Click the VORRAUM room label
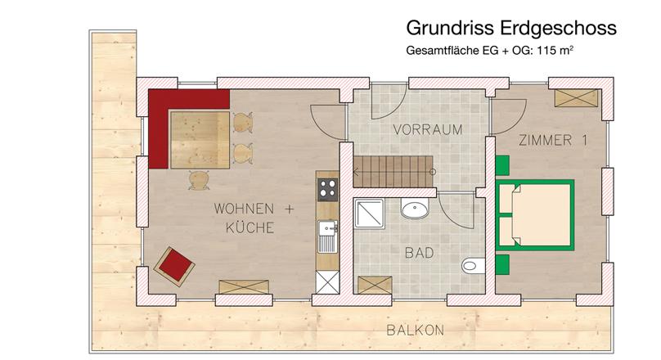pyautogui.click(x=428, y=129)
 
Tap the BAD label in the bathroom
pyautogui.click(x=419, y=253)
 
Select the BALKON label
pyautogui.click(x=416, y=330)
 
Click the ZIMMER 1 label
pyautogui.click(x=553, y=140)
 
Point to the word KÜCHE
pyautogui.click(x=250, y=227)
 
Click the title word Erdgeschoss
pyautogui.click(x=559, y=28)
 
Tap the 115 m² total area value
pyautogui.click(x=555, y=50)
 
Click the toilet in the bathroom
pyautogui.click(x=474, y=266)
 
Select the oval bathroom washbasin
pyautogui.click(x=415, y=209)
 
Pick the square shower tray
pyautogui.click(x=369, y=214)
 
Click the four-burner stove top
pyautogui.click(x=327, y=189)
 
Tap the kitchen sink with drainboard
pyautogui.click(x=327, y=236)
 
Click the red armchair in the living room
pyautogui.click(x=174, y=267)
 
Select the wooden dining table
pyautogui.click(x=200, y=141)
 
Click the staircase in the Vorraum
pyautogui.click(x=393, y=172)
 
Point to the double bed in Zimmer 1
pyautogui.click(x=534, y=215)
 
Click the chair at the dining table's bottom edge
pyautogui.click(x=199, y=180)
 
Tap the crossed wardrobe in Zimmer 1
pyautogui.click(x=576, y=98)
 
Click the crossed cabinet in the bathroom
pyautogui.click(x=375, y=285)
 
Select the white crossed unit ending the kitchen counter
pyautogui.click(x=327, y=282)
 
